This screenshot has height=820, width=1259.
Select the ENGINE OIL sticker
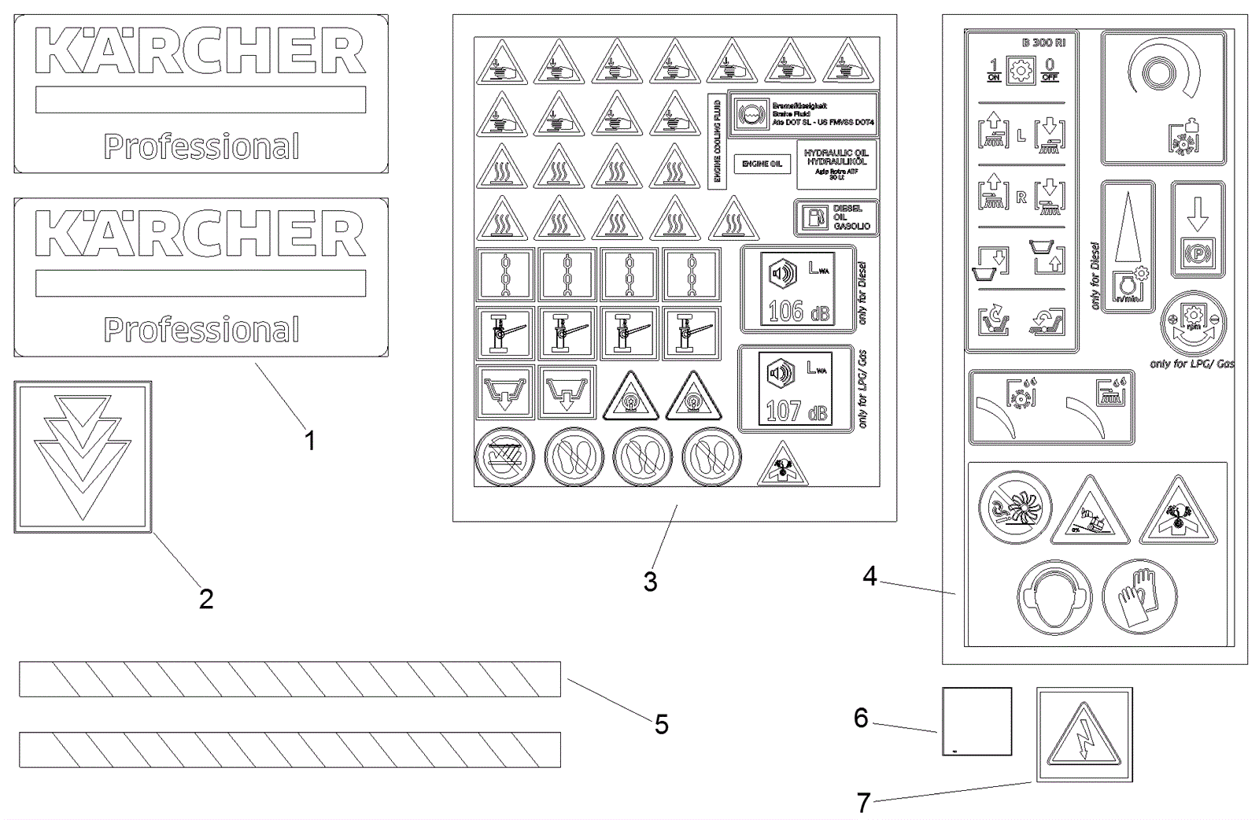762,164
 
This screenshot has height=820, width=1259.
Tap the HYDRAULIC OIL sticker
836,164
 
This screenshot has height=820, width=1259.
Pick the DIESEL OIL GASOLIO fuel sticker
836,217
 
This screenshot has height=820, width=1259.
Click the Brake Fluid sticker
803,114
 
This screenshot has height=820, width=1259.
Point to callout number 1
310,441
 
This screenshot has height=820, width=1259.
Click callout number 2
205,599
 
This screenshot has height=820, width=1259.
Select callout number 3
650,582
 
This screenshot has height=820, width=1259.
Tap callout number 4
869,577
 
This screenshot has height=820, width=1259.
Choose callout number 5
661,724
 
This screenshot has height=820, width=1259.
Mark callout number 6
861,718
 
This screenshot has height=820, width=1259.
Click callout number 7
863,803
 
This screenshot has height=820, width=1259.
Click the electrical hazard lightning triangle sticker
1084,735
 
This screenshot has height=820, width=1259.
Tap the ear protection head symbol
1054,599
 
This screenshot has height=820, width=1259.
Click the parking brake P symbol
1198,253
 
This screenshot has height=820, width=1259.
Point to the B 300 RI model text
1043,42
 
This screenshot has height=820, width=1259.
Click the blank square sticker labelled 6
977,722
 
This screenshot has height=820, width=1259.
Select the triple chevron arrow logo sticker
83,457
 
